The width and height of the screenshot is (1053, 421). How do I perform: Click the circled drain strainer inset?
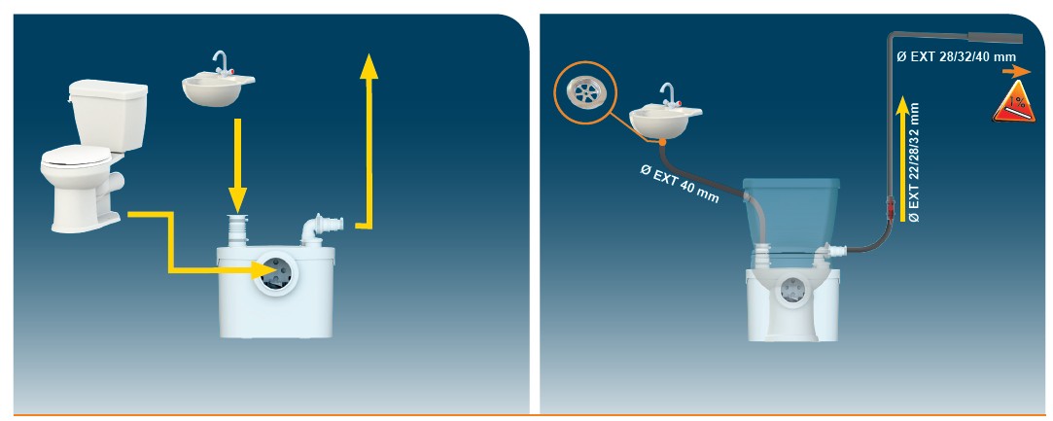[x=585, y=93]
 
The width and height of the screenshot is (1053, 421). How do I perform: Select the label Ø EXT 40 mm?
[x=679, y=183]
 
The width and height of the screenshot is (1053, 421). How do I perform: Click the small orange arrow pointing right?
[x=1017, y=72]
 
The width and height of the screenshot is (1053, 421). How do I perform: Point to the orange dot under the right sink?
[x=661, y=141]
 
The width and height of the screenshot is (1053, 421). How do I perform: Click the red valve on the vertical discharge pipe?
[x=887, y=205]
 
